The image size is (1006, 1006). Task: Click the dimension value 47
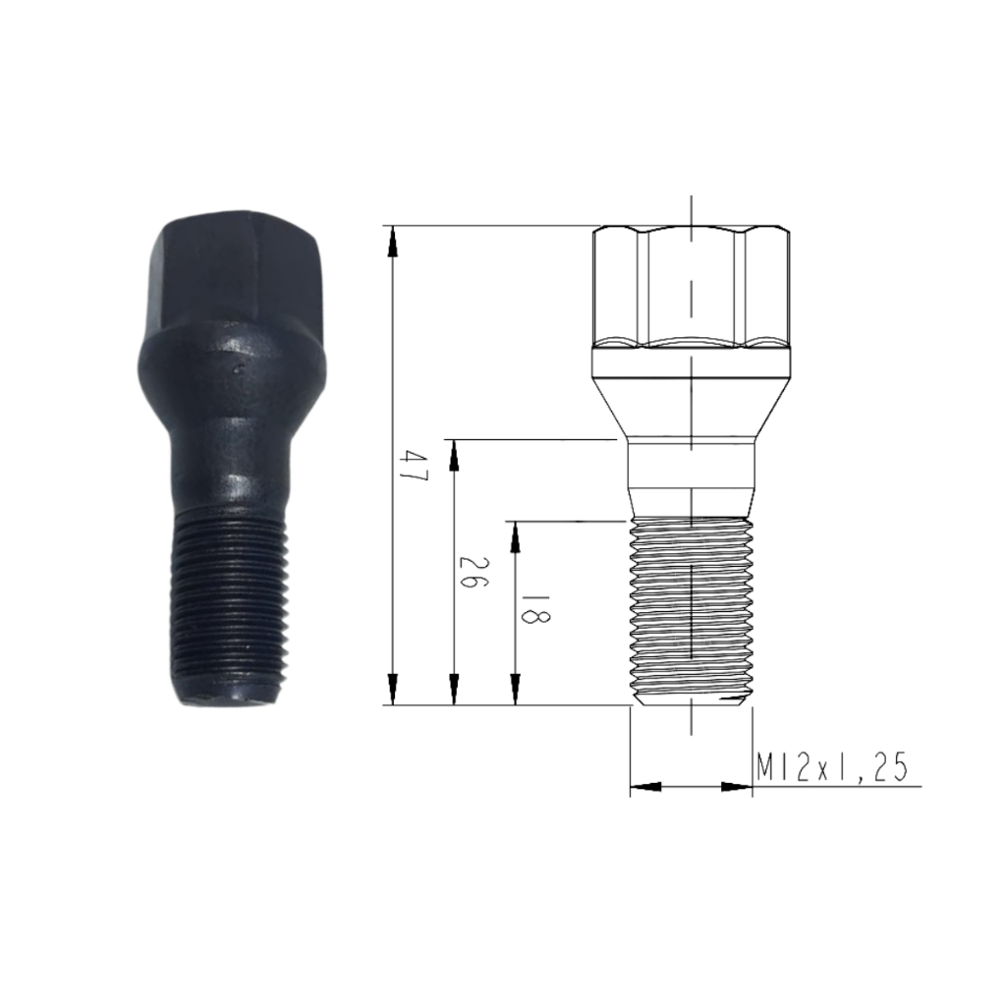point(412,468)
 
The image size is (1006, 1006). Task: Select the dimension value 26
point(474,573)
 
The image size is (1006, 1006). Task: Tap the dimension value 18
point(535,607)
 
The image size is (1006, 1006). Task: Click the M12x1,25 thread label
point(832,767)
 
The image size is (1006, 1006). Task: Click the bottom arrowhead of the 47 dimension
point(393,689)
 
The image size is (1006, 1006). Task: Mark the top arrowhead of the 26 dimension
point(454,456)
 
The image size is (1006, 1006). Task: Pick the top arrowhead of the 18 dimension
point(515,537)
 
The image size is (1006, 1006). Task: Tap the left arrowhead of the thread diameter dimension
point(646,786)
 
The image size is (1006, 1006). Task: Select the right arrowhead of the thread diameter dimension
point(737,786)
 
